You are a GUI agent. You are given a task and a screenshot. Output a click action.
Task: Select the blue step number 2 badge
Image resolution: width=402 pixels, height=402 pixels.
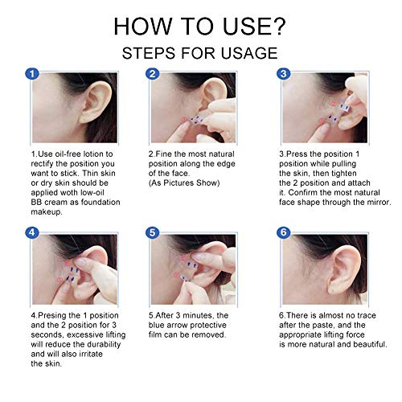153,74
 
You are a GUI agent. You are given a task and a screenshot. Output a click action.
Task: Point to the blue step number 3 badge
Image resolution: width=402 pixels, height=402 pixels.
282,74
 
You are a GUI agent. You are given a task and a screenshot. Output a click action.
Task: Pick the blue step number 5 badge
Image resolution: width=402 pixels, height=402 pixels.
153,234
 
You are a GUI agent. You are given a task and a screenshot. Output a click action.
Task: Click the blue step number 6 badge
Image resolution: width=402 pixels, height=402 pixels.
282,234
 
